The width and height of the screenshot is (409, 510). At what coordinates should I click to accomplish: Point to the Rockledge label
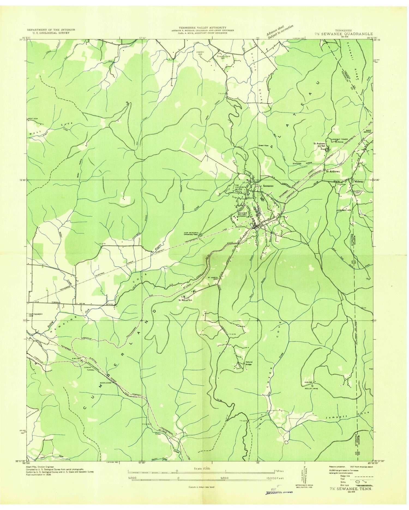click(x=106, y=383)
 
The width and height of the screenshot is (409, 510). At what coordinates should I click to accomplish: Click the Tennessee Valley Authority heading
click(x=202, y=28)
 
